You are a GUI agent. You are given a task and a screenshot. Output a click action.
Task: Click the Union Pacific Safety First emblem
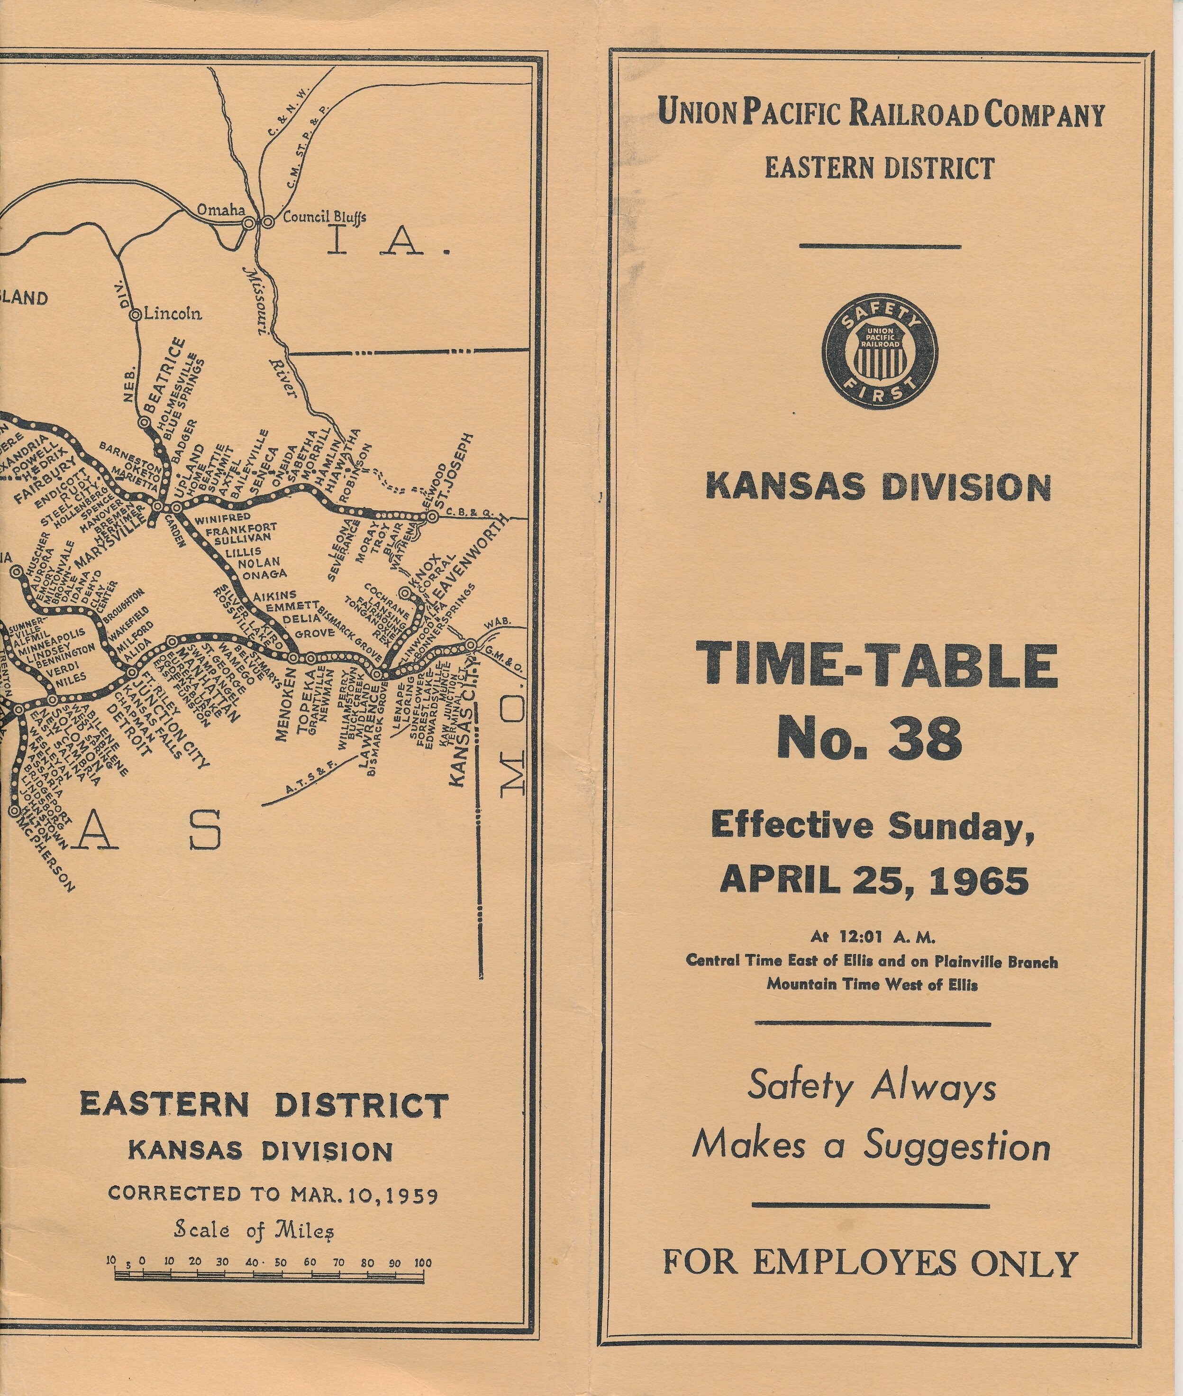click(880, 352)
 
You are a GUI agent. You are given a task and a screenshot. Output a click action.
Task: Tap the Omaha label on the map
click(221, 211)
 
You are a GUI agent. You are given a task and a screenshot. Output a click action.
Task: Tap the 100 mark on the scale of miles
click(422, 1262)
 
